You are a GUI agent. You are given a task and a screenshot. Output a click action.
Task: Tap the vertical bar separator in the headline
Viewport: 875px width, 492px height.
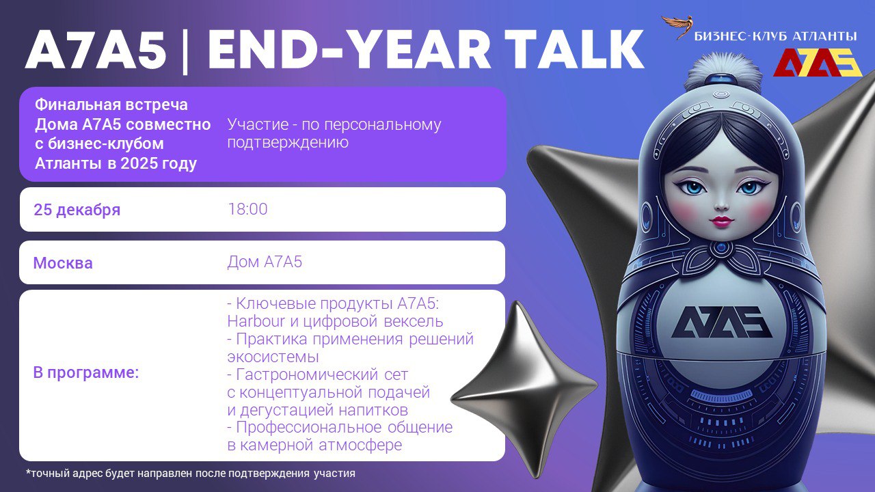185,50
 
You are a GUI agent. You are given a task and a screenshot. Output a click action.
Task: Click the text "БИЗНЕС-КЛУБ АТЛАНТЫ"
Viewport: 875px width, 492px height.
775,37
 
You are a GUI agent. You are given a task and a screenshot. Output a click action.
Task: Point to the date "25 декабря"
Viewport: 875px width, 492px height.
77,210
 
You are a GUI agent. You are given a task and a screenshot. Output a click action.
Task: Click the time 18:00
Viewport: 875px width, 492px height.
247,209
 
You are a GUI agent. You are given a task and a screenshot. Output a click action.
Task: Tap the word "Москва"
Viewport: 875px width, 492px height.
63,263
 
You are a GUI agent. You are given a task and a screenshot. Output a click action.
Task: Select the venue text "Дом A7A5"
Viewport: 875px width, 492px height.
265,262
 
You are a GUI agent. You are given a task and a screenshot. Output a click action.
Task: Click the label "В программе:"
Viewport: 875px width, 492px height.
86,373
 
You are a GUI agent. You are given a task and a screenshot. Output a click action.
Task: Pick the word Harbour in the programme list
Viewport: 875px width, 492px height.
256,321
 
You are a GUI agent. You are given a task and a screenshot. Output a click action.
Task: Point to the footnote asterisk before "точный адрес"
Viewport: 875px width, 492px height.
28,471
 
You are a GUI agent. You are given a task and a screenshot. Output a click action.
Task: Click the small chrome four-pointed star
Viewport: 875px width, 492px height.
524,389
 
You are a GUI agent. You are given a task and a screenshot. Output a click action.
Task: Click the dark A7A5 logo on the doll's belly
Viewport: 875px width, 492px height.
721,322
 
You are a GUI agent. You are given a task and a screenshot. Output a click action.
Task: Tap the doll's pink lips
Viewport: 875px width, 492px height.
721,221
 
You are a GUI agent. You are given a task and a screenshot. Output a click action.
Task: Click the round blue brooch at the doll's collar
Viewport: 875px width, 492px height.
721,247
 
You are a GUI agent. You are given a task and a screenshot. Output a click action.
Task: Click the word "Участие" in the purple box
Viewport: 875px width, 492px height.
256,125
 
